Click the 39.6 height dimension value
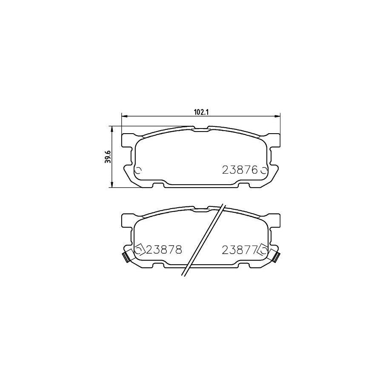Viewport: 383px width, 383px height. point(109,157)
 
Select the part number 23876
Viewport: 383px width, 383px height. point(240,171)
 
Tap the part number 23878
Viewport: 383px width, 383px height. point(164,250)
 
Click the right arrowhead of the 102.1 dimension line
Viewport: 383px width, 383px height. point(279,115)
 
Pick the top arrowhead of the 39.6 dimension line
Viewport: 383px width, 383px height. point(111,128)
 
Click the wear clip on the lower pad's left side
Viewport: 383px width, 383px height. point(126,257)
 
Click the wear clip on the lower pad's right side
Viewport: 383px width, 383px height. point(277,257)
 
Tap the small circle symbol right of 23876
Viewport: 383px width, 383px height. point(263,171)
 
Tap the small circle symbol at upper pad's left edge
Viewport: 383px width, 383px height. point(137,171)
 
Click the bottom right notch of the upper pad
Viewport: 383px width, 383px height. point(243,185)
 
